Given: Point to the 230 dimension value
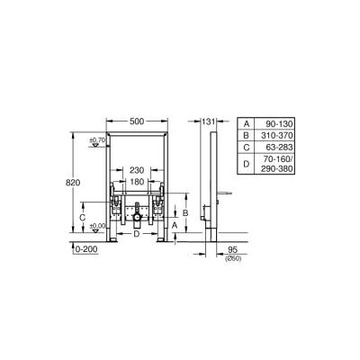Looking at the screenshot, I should (136, 170).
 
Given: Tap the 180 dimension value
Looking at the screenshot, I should (136, 182).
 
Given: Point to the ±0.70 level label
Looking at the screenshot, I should (97, 140).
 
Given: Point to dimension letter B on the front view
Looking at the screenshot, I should (184, 212).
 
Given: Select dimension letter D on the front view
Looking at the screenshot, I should (136, 234).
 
